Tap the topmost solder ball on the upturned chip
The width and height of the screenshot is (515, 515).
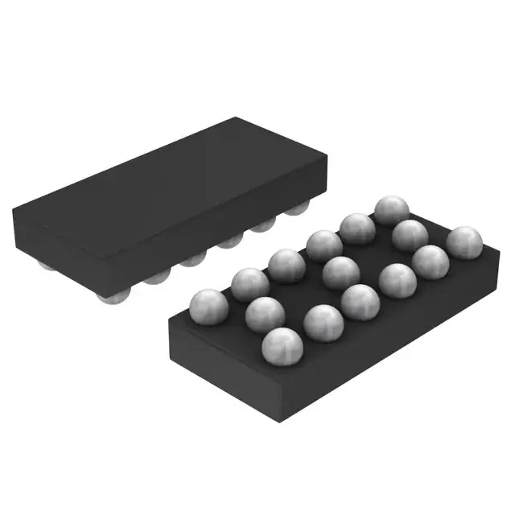392,211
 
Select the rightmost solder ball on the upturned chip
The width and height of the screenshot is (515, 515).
464,242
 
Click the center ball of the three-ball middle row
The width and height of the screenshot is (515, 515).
341,273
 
